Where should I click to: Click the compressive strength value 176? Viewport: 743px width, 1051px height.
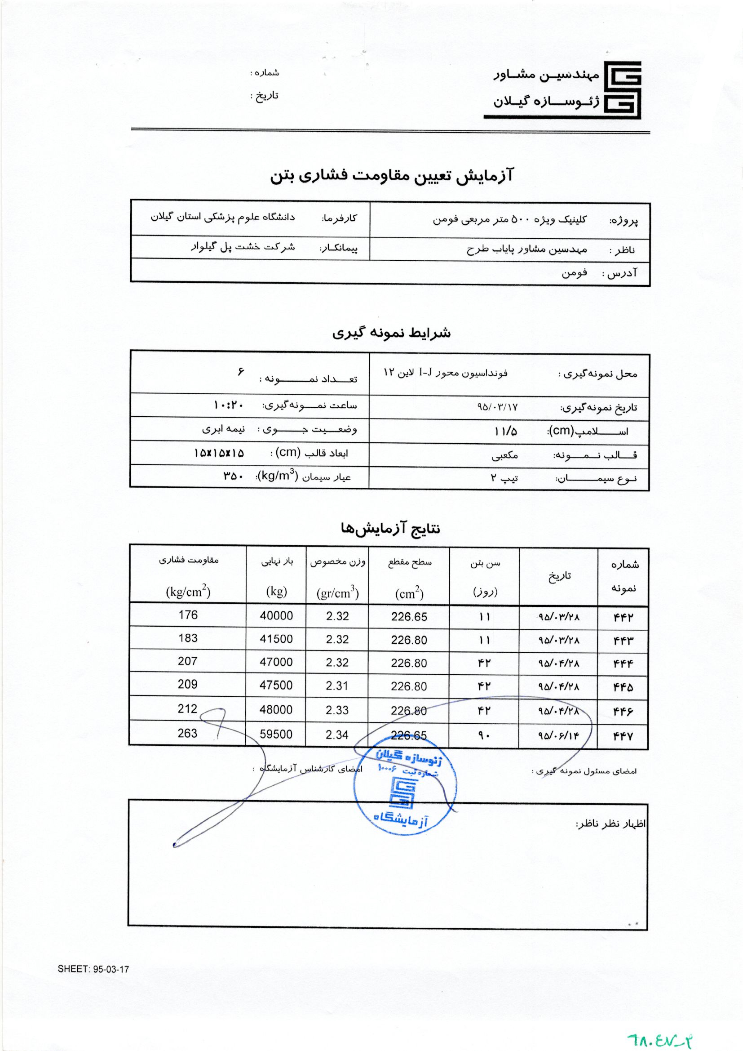click(188, 615)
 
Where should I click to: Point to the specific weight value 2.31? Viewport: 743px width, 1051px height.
click(337, 686)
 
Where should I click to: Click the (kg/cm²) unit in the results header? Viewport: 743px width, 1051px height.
click(188, 592)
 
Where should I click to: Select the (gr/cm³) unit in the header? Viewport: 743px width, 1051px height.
click(337, 593)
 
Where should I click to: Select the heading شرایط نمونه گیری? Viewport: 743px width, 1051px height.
click(391, 333)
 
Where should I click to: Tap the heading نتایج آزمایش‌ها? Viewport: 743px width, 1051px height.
click(390, 529)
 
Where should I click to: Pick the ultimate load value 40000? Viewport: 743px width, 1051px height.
click(276, 616)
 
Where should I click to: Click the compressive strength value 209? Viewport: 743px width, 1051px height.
click(188, 684)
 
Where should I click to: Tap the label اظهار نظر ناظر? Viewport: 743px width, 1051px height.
click(610, 824)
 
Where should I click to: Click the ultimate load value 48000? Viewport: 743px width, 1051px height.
click(276, 709)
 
